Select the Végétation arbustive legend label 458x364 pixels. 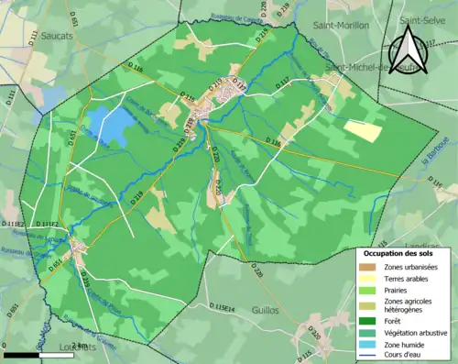coord(418,333)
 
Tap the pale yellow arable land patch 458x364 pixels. coord(363,130)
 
